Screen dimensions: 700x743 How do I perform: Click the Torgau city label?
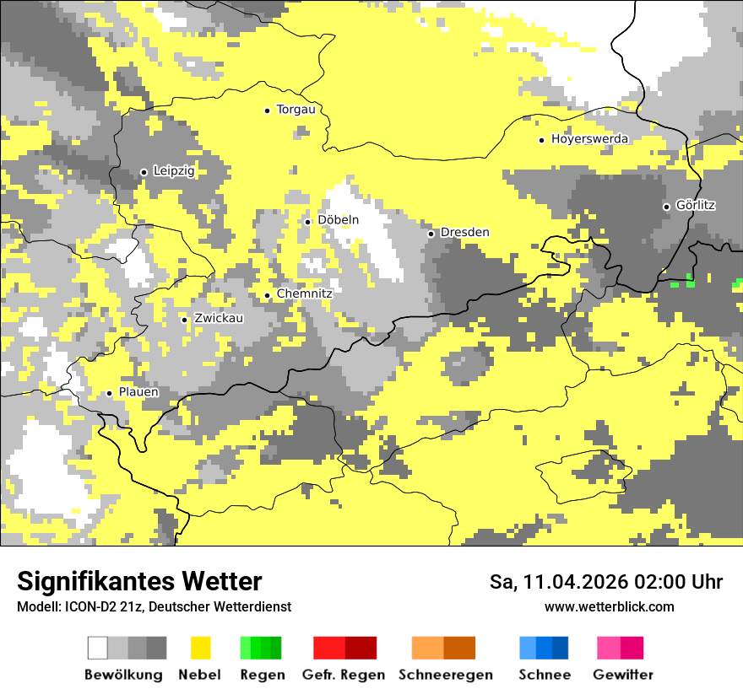[296, 110]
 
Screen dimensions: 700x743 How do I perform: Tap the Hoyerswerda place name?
[589, 139]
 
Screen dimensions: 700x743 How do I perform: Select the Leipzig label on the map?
[174, 171]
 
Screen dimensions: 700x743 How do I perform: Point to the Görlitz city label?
[696, 206]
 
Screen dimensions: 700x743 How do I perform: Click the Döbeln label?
[338, 220]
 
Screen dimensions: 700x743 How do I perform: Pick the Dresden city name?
[464, 233]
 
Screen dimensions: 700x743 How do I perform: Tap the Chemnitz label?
[304, 293]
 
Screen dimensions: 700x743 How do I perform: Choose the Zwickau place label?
[219, 319]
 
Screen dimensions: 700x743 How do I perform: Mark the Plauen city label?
[138, 392]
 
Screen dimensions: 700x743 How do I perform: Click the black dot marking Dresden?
[431, 234]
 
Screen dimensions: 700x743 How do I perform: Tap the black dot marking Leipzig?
[144, 172]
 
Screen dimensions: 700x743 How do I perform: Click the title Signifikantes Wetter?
[139, 582]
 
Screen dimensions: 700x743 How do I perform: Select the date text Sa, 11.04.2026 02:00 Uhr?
[606, 582]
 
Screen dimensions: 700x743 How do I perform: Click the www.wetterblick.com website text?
[609, 607]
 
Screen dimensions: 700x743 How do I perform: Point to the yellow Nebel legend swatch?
[200, 648]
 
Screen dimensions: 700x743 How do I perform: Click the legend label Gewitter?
[622, 675]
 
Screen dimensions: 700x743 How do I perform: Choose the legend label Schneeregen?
[445, 675]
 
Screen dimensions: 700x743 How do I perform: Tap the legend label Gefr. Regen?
[344, 675]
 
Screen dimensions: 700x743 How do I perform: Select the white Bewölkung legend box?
[98, 648]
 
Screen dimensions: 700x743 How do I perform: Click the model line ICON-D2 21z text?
[154, 607]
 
